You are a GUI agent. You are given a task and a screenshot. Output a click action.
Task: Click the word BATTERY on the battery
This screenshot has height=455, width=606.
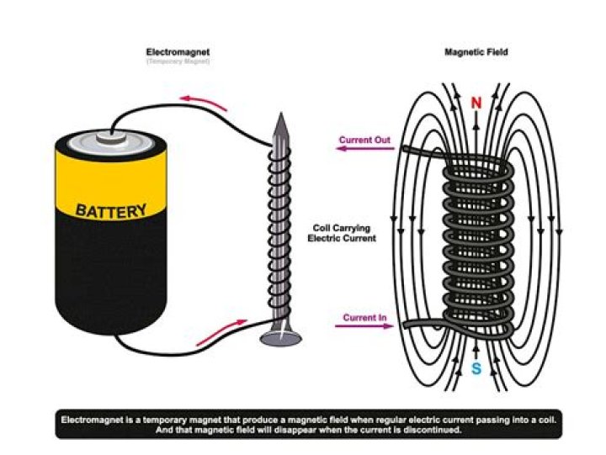(111, 209)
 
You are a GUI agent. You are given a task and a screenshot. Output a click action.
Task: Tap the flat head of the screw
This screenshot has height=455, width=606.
(280, 338)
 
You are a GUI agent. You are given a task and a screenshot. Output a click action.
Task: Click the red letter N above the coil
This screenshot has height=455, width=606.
(476, 103)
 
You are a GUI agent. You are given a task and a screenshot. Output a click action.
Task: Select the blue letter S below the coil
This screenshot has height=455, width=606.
(476, 369)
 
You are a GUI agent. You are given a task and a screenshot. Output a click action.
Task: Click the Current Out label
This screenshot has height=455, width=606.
(364, 140)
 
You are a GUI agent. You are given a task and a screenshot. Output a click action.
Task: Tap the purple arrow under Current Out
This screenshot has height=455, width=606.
(364, 150)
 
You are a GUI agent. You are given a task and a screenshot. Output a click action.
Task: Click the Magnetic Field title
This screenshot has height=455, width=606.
(476, 52)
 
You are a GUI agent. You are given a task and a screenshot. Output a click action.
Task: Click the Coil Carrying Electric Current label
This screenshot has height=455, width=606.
(342, 233)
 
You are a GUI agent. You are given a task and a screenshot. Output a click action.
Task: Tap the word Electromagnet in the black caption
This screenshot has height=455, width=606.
(89, 418)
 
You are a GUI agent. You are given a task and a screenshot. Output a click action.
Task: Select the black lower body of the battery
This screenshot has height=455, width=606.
(109, 278)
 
